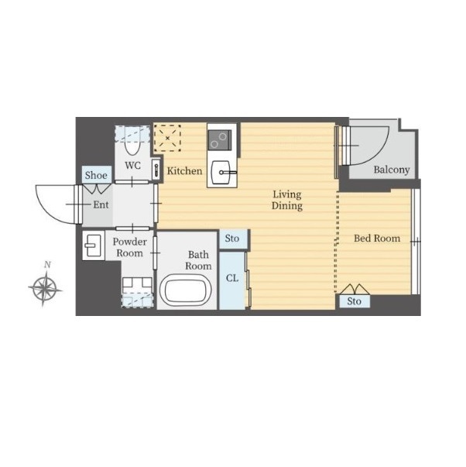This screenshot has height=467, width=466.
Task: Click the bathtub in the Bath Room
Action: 186,290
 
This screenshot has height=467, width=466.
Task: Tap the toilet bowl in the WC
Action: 132,144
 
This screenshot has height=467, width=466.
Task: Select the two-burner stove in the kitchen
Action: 220,140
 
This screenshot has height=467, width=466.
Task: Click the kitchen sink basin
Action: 221,172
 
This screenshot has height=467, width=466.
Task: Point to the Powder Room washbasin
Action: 94,246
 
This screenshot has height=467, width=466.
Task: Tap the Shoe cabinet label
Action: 96,175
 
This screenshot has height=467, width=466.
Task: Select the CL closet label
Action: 232,278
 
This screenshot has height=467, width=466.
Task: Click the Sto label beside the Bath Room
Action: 232,239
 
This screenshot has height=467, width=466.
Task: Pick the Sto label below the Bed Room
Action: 354,301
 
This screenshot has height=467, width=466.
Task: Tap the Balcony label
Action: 392,170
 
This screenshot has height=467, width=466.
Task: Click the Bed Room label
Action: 377,239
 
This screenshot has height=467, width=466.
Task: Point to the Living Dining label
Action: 287,200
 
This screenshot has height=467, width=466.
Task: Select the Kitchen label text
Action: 184,171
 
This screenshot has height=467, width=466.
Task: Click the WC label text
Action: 132,165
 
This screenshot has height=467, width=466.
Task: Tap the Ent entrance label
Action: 101,205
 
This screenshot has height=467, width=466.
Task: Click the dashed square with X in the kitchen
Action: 167,138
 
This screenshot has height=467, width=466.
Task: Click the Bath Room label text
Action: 198,260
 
